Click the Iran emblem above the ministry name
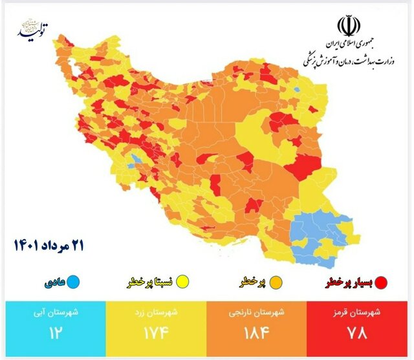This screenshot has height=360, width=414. click(347, 27)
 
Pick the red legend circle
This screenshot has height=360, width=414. click(381, 282)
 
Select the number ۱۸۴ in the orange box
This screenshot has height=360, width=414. click(258, 335)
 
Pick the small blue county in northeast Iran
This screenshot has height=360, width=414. click(296, 90)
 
